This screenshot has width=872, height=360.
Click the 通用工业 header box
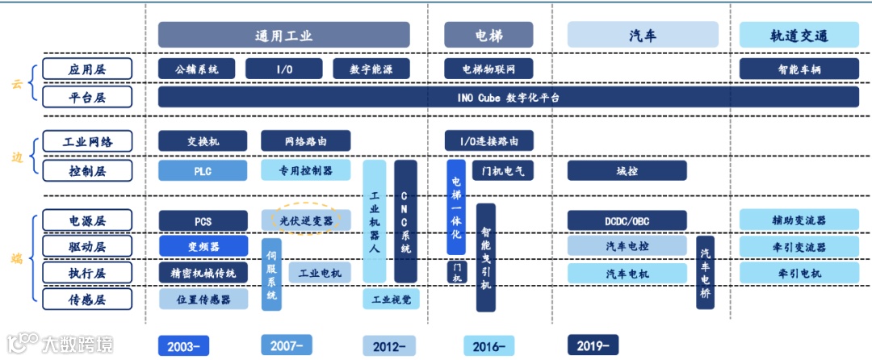coord(283,35)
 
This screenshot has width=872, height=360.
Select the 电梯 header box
coord(488,35)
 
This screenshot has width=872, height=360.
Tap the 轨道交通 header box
coord(799,35)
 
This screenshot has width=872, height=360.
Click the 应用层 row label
coord(86,69)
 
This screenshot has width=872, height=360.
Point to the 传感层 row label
coord(86,300)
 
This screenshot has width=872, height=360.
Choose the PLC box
coord(203,170)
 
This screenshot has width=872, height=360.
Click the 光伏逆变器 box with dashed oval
coord(306,220)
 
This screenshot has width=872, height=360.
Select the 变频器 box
coord(203,246)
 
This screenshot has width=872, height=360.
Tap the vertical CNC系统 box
coord(405,220)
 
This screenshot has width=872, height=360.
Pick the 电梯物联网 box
coord(488,69)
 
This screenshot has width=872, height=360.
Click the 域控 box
coord(627,170)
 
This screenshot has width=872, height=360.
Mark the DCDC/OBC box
coord(627,220)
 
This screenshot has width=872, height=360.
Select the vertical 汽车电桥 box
coord(706,272)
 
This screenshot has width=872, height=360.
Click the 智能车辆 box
coord(799,69)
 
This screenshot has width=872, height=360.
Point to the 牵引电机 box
coord(799,273)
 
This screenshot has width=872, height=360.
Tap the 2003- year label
coord(184,345)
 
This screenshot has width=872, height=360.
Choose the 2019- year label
coord(593,345)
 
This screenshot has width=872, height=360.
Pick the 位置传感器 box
coord(203,299)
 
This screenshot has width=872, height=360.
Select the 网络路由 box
coord(306,141)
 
